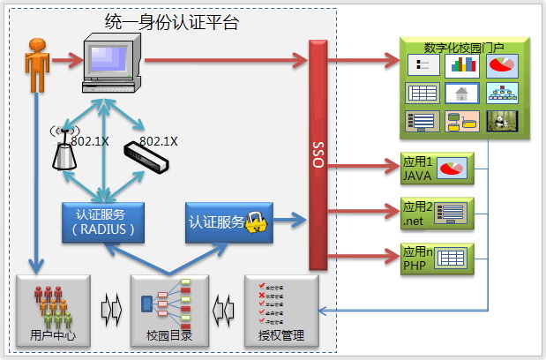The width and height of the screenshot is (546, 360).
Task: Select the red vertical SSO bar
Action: coord(318,154)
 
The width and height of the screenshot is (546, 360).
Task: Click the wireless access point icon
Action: coord(63,149)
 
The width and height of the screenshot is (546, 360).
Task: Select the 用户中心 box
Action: coord(53,310)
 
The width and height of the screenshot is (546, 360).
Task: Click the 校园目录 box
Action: coord(168,310)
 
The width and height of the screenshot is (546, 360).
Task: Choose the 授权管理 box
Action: coord(280,310)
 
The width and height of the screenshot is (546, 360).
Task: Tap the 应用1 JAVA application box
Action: coord(438,168)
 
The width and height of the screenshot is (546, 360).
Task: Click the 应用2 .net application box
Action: coord(438,213)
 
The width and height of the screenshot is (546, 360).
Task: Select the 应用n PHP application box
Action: coord(438,259)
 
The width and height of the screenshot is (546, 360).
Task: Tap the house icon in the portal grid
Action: coord(462,93)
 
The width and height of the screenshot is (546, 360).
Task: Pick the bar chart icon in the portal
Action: coord(462,65)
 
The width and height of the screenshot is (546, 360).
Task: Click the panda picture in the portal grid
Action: coord(503,120)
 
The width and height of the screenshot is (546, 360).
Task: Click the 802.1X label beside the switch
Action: coord(159,140)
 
